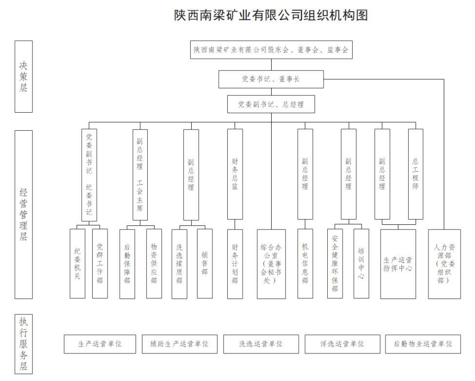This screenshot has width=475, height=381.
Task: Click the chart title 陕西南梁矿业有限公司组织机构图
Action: (271, 15)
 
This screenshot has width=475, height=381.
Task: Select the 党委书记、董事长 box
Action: (271, 79)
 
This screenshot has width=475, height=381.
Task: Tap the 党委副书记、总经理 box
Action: (271, 104)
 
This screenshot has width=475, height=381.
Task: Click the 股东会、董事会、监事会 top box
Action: (271, 50)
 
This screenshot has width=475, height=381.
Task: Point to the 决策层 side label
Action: (24, 77)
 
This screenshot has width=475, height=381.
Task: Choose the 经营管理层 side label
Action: (24, 214)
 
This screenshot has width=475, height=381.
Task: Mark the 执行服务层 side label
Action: (24, 344)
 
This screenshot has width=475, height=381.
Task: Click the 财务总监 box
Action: (235, 174)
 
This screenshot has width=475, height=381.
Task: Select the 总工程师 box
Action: (416, 174)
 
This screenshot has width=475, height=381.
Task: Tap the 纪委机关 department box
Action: (77, 264)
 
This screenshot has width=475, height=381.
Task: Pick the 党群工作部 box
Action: (100, 264)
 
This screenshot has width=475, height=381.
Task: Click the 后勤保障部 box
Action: (127, 264)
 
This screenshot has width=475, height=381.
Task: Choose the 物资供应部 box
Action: (154, 264)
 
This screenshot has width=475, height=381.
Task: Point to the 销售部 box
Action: (205, 264)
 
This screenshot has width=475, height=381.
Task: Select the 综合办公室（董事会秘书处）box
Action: (272, 264)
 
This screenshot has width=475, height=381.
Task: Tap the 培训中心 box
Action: (361, 264)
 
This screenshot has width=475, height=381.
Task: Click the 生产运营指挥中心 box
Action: (398, 264)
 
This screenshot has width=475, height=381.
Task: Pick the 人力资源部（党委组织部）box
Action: (444, 264)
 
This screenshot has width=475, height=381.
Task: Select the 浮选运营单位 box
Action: (342, 344)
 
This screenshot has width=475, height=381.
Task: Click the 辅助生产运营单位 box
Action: (180, 344)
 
